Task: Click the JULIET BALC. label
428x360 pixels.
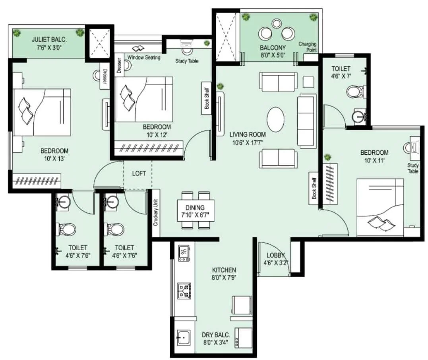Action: tap(49, 39)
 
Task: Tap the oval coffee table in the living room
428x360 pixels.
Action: tap(275, 119)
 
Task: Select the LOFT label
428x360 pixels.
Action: tap(139, 173)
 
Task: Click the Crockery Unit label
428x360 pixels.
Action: tap(156, 213)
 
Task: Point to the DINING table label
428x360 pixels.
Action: tap(195, 208)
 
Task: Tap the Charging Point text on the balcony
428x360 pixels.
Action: tap(308, 47)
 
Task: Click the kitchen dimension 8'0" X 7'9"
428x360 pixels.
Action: tap(224, 278)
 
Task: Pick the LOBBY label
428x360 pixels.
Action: tap(276, 255)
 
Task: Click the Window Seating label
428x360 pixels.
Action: tap(144, 58)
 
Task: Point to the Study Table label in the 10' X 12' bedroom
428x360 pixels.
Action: tap(187, 61)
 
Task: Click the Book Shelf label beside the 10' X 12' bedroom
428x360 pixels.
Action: tap(207, 98)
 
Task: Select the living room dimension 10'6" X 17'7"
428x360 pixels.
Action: tap(247, 142)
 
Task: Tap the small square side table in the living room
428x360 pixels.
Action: tap(308, 82)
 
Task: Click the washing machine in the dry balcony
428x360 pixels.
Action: tap(244, 338)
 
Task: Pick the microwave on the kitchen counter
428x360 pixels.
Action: tap(184, 253)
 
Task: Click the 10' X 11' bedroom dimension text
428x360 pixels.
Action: tap(374, 160)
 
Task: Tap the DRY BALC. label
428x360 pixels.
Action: tap(216, 335)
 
